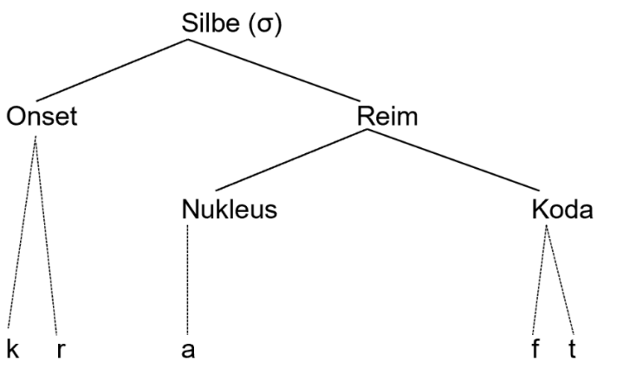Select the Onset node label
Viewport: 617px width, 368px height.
tap(42, 117)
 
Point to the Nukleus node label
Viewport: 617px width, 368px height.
tap(230, 210)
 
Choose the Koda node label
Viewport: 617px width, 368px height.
tap(563, 210)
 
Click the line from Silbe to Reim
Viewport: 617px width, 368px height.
tap(304, 72)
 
